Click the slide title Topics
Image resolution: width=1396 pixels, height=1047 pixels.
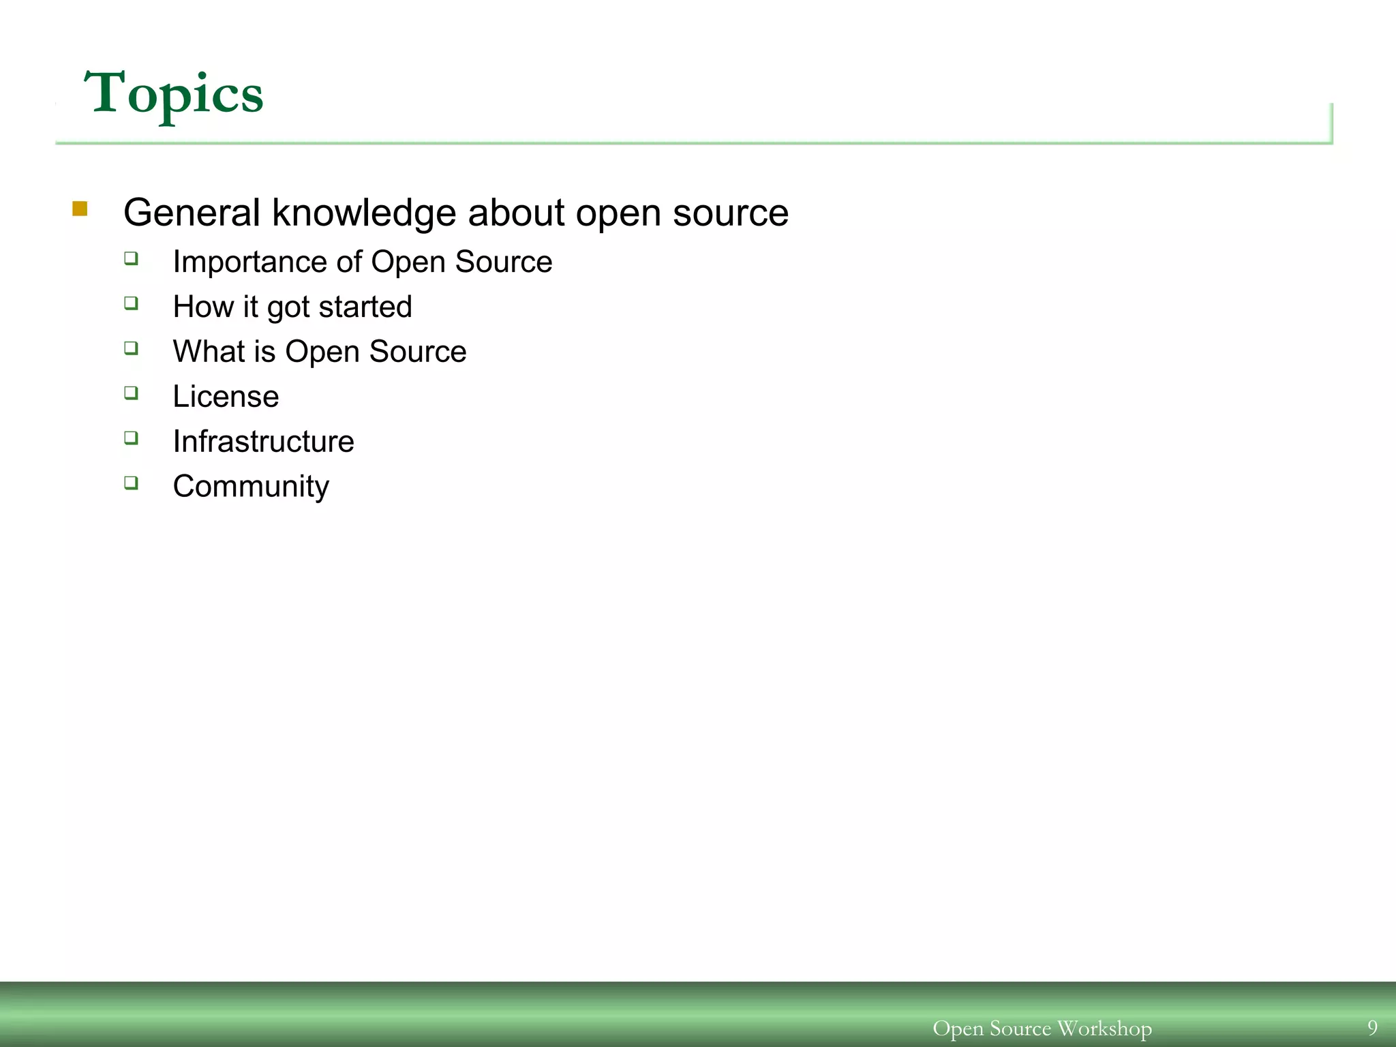pyautogui.click(x=173, y=94)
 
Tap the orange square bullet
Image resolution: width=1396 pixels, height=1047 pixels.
pyautogui.click(x=80, y=209)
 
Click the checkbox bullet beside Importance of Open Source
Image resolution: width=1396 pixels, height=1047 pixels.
pyautogui.click(x=131, y=258)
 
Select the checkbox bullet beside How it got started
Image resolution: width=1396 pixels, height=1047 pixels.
pyautogui.click(x=131, y=303)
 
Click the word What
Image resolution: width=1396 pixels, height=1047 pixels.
pyautogui.click(x=209, y=352)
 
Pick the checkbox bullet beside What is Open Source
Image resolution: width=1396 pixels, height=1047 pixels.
pyautogui.click(x=131, y=348)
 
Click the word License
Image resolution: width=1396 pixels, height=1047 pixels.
pyautogui.click(x=226, y=397)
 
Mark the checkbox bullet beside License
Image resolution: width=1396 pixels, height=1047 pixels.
pyautogui.click(x=131, y=393)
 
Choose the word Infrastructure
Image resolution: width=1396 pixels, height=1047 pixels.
pyautogui.click(x=263, y=442)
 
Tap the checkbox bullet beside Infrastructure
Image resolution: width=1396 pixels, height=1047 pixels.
pyautogui.click(x=131, y=438)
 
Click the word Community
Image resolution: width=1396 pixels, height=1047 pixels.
pyautogui.click(x=251, y=487)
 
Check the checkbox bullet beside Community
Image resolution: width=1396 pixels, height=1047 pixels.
pyautogui.click(x=131, y=483)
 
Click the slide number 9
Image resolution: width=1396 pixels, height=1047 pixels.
pyautogui.click(x=1372, y=1027)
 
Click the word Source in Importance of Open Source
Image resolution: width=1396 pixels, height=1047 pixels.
pyautogui.click(x=504, y=262)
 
